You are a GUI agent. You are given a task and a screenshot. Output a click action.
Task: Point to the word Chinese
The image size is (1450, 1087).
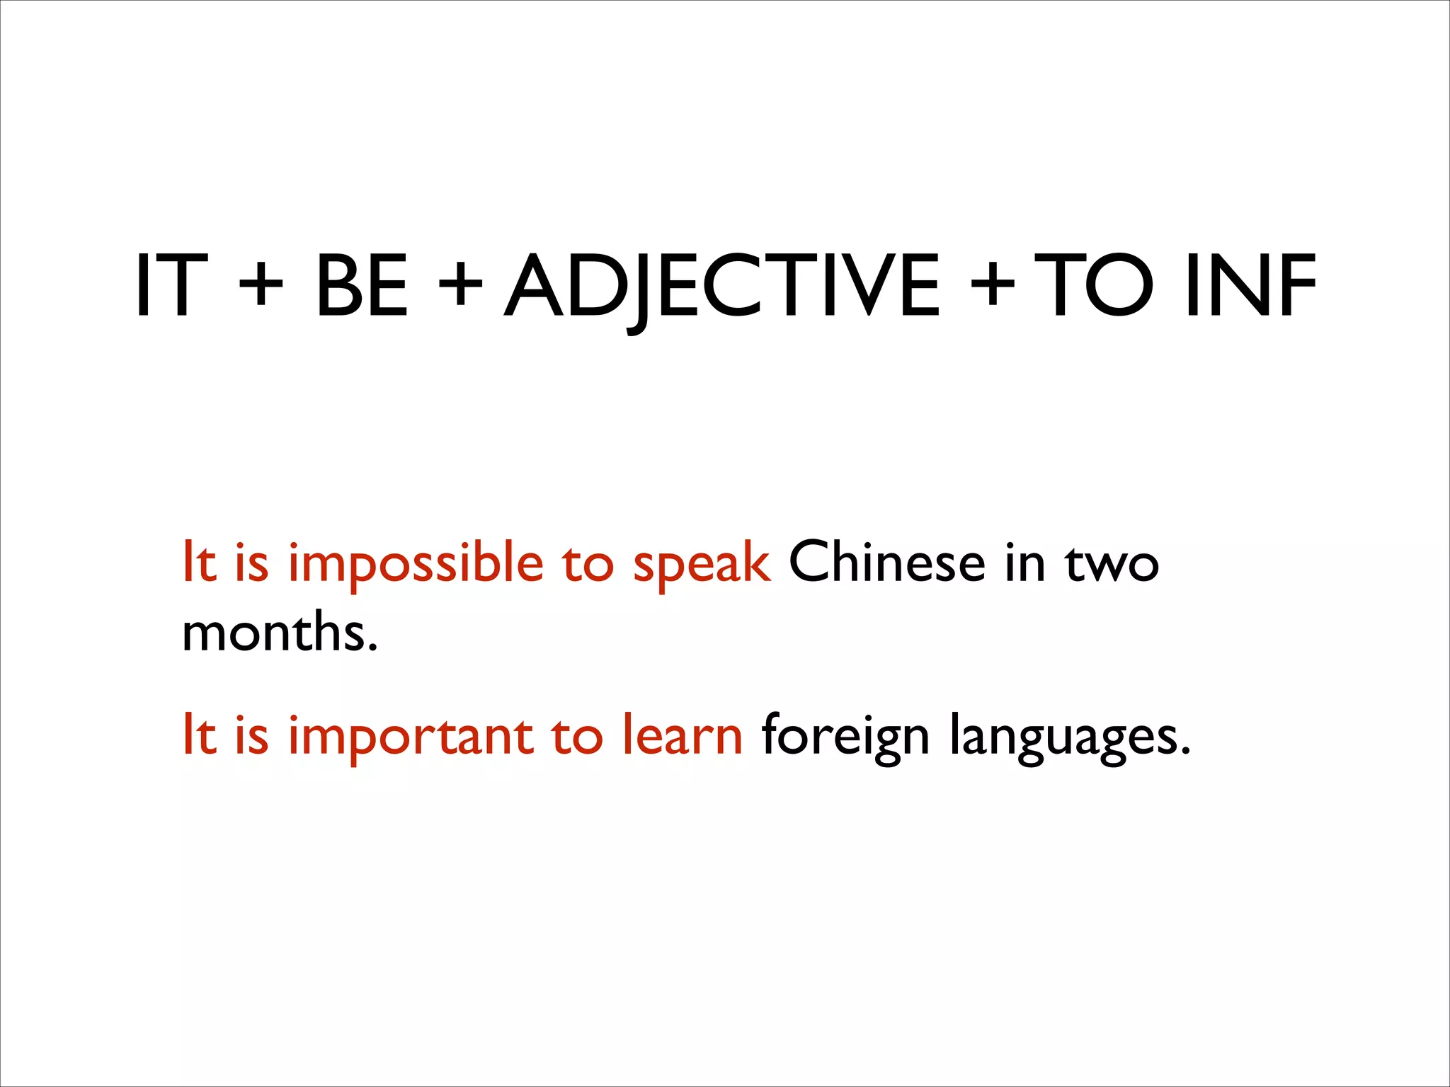click(x=886, y=563)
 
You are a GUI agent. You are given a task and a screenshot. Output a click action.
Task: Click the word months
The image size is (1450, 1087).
click(x=280, y=632)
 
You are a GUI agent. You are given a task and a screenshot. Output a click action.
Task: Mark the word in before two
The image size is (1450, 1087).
click(x=1024, y=563)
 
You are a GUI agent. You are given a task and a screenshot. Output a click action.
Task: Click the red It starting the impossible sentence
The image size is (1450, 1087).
click(x=199, y=563)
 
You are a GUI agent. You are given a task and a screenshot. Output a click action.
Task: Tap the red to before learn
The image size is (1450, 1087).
click(x=577, y=736)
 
